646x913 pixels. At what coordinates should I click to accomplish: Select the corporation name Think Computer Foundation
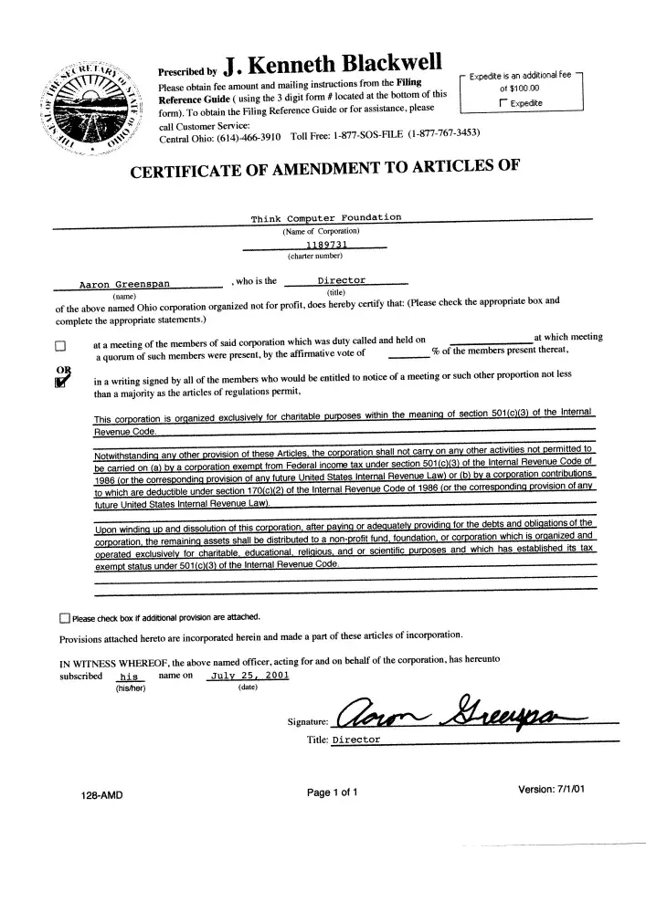point(326,218)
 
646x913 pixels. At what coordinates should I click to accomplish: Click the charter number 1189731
point(325,245)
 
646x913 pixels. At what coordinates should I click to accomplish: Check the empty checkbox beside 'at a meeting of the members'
point(61,346)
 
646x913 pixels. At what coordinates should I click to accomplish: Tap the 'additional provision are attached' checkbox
point(65,616)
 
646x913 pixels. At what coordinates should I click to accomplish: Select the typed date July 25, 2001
point(249,677)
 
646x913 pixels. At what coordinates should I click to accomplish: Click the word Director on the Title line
point(356,740)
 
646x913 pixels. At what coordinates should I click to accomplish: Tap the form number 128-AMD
point(102,795)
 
